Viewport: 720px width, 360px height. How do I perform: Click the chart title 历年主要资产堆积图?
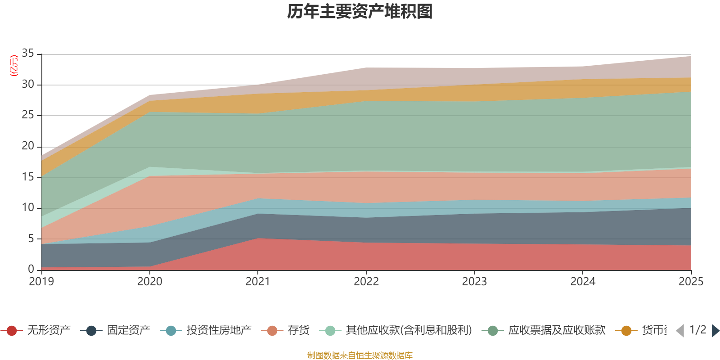click(x=360, y=12)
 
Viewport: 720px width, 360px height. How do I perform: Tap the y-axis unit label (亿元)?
click(x=14, y=66)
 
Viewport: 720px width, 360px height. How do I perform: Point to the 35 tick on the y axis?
click(x=28, y=54)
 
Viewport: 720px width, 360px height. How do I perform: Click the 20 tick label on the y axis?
click(x=28, y=146)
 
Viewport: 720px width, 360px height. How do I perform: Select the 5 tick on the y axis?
click(x=31, y=238)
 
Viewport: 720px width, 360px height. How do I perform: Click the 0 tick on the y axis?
click(x=31, y=269)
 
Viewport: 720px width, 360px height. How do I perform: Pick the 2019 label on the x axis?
click(x=41, y=282)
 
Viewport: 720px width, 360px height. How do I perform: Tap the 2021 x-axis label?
click(x=258, y=282)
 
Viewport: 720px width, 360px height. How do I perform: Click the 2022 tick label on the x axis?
click(x=366, y=282)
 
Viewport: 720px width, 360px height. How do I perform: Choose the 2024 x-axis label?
click(x=583, y=282)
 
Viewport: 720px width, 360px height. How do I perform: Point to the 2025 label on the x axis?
click(x=691, y=282)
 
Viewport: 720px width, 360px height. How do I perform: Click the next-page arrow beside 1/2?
click(x=715, y=331)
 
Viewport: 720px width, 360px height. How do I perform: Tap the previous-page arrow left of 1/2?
click(x=680, y=331)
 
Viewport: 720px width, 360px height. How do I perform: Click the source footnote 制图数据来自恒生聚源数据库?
click(x=360, y=355)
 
